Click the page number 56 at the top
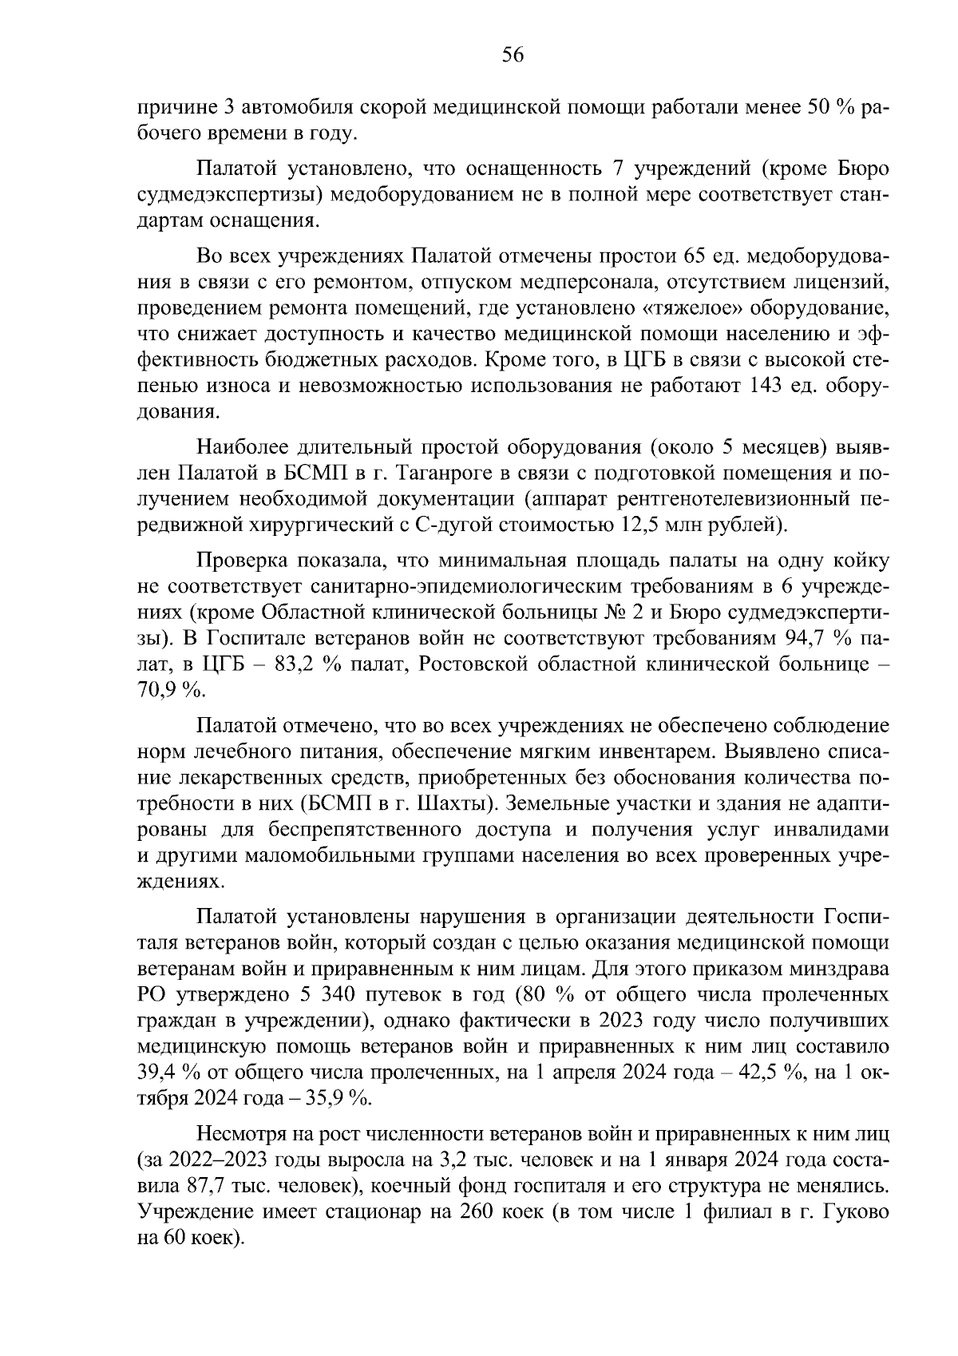click(512, 55)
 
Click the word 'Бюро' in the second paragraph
click(863, 169)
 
